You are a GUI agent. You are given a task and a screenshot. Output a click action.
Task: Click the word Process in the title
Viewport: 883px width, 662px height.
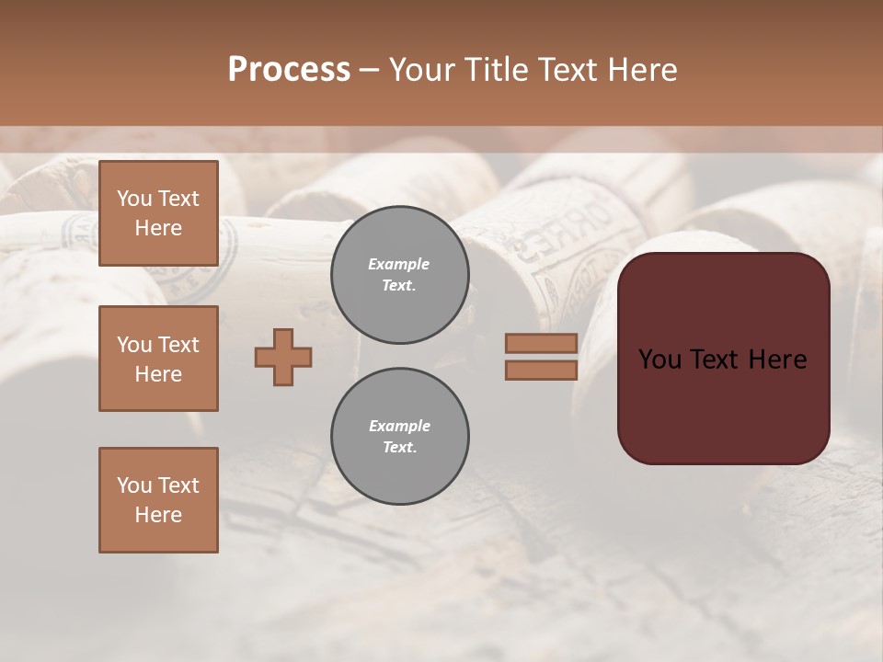289,69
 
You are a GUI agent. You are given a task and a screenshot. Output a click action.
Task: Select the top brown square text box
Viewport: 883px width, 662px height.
158,213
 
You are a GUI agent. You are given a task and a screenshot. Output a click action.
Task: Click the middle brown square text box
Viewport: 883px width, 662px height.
158,359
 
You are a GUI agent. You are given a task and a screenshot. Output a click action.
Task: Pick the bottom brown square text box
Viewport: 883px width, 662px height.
158,500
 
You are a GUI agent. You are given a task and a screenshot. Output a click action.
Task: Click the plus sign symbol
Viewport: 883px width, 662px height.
283,357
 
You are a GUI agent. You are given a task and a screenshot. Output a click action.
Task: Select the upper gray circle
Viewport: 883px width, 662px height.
399,275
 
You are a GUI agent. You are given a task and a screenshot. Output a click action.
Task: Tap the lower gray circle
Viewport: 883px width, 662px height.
399,437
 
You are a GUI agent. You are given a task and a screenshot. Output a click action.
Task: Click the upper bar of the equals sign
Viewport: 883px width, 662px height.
541,343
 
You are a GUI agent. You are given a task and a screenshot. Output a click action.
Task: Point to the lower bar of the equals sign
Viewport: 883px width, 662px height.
541,370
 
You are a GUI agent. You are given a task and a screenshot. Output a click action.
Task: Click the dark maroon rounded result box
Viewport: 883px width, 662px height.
723,359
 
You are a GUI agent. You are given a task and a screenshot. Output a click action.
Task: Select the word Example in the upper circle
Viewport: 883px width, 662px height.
399,264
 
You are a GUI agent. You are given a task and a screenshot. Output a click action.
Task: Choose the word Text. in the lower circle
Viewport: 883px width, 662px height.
399,448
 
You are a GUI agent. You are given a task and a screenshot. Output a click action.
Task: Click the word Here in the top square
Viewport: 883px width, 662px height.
158,228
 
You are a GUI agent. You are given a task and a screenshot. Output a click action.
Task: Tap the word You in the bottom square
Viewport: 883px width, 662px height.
134,485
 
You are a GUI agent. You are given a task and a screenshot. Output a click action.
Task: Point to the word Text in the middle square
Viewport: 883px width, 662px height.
178,345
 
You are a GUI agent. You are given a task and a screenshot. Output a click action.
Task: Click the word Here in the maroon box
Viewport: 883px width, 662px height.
777,360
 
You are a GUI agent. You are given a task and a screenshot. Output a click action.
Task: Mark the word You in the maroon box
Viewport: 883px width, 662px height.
659,360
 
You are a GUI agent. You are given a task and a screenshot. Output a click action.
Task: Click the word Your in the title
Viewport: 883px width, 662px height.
425,69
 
